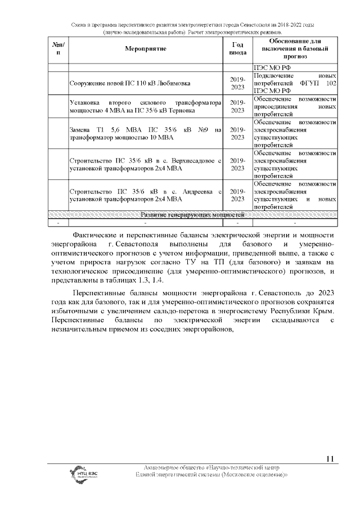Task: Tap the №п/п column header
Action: click(x=58, y=49)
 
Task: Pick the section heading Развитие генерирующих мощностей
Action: click(x=193, y=215)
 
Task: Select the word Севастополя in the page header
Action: click(x=241, y=26)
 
